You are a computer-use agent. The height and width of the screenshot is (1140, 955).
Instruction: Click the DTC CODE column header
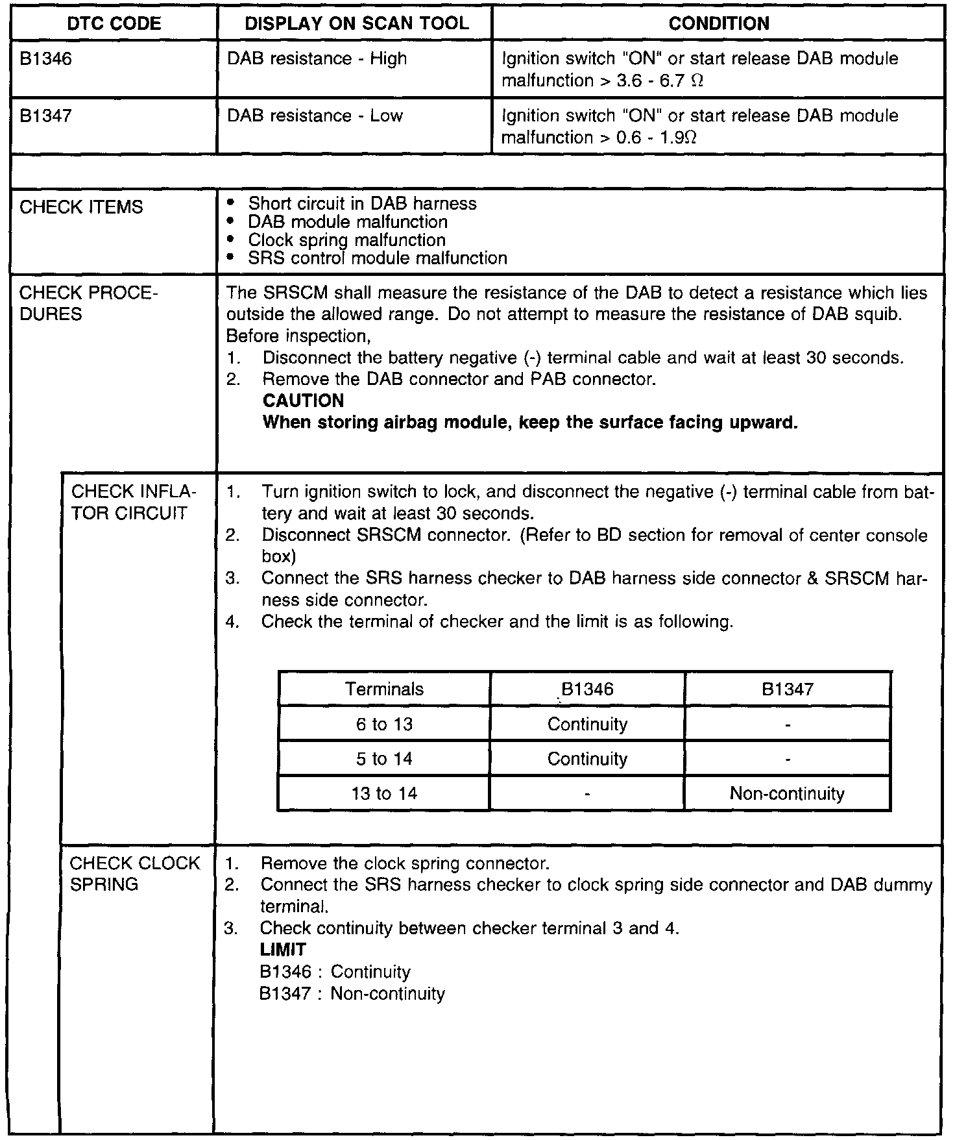114,24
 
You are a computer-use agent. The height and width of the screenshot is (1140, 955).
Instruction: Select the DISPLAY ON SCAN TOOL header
356,24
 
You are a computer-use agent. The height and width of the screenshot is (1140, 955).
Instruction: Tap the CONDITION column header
718,24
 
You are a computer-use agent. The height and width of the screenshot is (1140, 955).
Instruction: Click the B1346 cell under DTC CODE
46,59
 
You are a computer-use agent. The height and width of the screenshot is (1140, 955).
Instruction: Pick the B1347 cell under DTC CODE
46,116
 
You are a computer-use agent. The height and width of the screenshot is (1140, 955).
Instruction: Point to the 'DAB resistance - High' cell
317,59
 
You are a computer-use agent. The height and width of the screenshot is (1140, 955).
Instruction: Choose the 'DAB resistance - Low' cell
315,116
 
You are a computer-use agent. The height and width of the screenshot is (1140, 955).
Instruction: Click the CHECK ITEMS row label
81,207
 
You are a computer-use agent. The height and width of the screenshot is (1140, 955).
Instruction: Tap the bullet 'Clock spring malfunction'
346,240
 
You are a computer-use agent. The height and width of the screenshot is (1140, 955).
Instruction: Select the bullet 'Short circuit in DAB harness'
362,204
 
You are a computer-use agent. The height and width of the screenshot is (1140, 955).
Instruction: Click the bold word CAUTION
303,401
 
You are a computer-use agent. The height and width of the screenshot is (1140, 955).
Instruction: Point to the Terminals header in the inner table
384,689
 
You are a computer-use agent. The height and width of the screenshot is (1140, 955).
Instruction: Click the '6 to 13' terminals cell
384,724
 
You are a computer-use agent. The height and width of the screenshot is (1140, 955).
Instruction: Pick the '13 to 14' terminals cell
384,793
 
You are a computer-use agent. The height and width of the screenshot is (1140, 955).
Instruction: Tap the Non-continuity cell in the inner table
787,793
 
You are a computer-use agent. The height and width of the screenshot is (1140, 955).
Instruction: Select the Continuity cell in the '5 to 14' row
587,759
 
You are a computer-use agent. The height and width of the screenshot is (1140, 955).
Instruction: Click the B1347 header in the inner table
787,689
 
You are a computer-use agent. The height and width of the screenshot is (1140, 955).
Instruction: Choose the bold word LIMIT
283,950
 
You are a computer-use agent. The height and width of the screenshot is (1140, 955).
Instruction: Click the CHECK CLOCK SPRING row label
135,874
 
